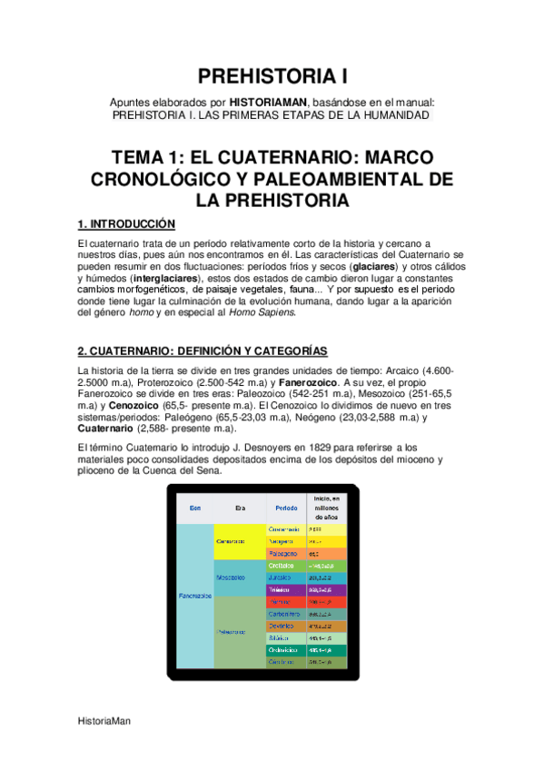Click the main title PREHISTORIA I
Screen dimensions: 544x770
click(x=272, y=75)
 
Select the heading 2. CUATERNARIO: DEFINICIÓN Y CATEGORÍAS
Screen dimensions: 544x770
click(x=203, y=351)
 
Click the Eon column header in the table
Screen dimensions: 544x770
click(x=194, y=508)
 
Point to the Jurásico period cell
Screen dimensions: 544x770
click(x=282, y=577)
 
